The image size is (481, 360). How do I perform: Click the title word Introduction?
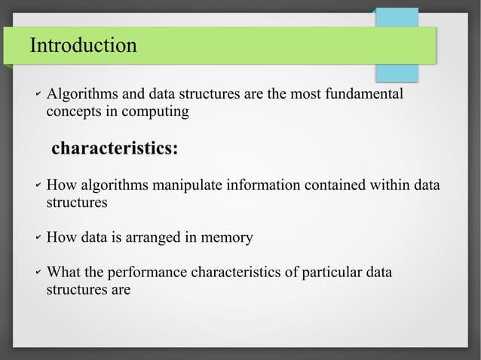click(83, 46)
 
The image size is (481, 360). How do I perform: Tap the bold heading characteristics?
click(115, 148)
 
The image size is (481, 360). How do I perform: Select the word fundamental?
click(367, 95)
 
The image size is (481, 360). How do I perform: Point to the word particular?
click(329, 273)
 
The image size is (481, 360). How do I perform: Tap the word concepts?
click(72, 112)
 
